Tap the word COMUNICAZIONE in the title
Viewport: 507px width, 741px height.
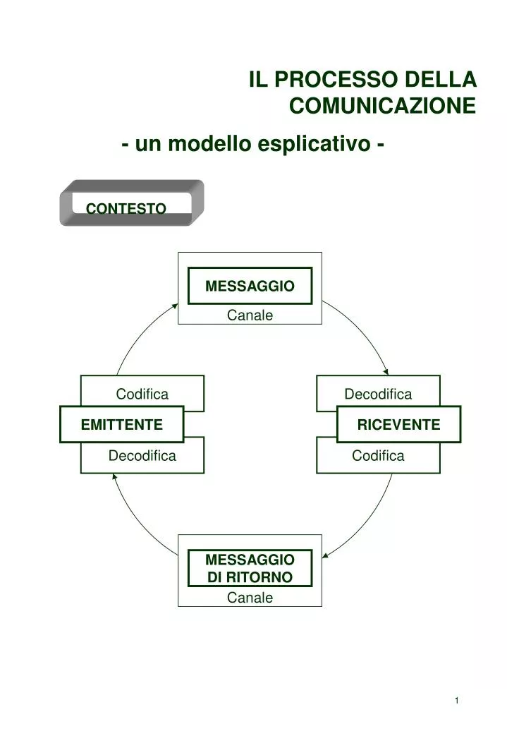(x=383, y=106)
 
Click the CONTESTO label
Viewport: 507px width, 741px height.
(x=126, y=209)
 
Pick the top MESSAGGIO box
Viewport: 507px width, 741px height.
(x=250, y=286)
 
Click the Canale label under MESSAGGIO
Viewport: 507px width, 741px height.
(x=250, y=315)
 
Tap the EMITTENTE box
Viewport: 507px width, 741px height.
(x=122, y=424)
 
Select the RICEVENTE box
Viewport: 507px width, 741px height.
(x=398, y=424)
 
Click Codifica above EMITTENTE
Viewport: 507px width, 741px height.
(x=142, y=394)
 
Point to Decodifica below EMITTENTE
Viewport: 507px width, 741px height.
(x=142, y=456)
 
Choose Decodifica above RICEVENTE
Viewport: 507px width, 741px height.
(x=378, y=394)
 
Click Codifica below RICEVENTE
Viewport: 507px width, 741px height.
(x=378, y=456)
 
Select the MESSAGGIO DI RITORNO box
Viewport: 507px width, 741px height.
(x=250, y=568)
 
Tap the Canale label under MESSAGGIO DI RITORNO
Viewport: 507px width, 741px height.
(x=250, y=598)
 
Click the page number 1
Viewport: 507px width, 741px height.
(x=457, y=700)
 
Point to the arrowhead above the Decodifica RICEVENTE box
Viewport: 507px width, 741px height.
(x=386, y=372)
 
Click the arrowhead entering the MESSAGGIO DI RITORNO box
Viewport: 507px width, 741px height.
(x=325, y=555)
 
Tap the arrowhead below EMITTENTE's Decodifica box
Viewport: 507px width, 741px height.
(x=114, y=476)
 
